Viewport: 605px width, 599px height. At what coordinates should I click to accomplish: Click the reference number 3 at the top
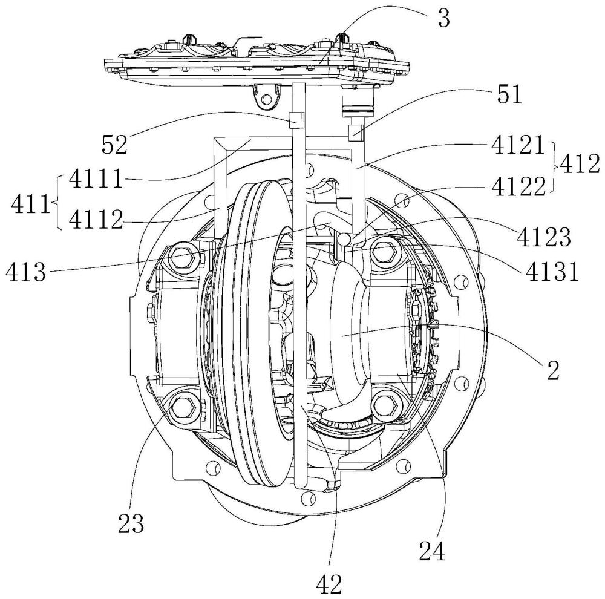pyautogui.click(x=445, y=18)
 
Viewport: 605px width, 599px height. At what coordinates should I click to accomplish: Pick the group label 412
pyautogui.click(x=579, y=163)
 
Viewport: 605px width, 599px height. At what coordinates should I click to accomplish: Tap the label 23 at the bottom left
pyautogui.click(x=132, y=523)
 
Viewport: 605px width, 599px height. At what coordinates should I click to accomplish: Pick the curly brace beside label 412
pyautogui.click(x=555, y=163)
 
